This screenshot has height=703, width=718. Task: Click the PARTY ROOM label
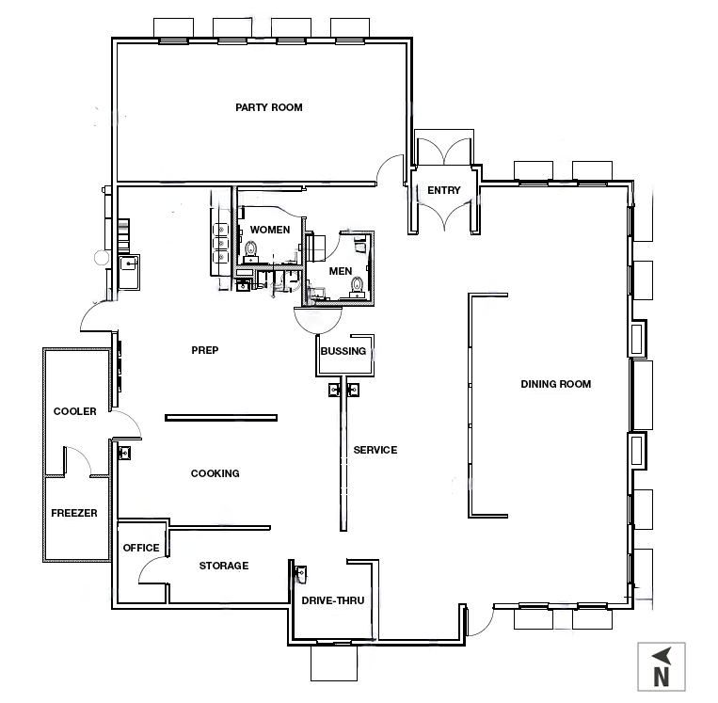[269, 107]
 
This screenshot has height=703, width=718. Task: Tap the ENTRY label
[444, 190]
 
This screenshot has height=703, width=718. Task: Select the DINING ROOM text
[556, 384]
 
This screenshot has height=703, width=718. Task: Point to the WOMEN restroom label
[270, 230]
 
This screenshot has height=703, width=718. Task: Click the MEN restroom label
[341, 271]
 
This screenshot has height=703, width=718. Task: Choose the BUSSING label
[343, 351]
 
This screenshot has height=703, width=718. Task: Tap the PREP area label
[205, 350]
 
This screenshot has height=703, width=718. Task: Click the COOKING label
[215, 473]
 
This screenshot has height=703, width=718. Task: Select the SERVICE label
[375, 450]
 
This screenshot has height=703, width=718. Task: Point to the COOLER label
[75, 411]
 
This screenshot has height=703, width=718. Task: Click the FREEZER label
[74, 513]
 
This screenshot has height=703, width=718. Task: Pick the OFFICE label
[141, 548]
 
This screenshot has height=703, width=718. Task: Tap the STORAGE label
[224, 566]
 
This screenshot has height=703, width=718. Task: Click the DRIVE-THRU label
[333, 600]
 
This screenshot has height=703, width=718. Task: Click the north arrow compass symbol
[662, 666]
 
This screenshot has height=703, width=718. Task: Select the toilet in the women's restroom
[250, 249]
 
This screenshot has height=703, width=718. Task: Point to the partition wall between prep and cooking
[221, 418]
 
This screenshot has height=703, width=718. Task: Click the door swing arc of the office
[146, 564]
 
